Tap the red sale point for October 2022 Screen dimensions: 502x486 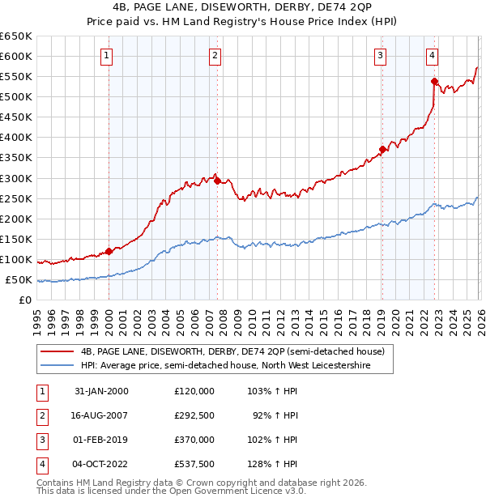435,81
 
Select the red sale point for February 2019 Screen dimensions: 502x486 382,149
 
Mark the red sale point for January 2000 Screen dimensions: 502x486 109,251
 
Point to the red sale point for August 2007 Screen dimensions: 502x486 217,181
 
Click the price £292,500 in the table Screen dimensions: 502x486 194,415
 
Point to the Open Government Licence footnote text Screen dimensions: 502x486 172,491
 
